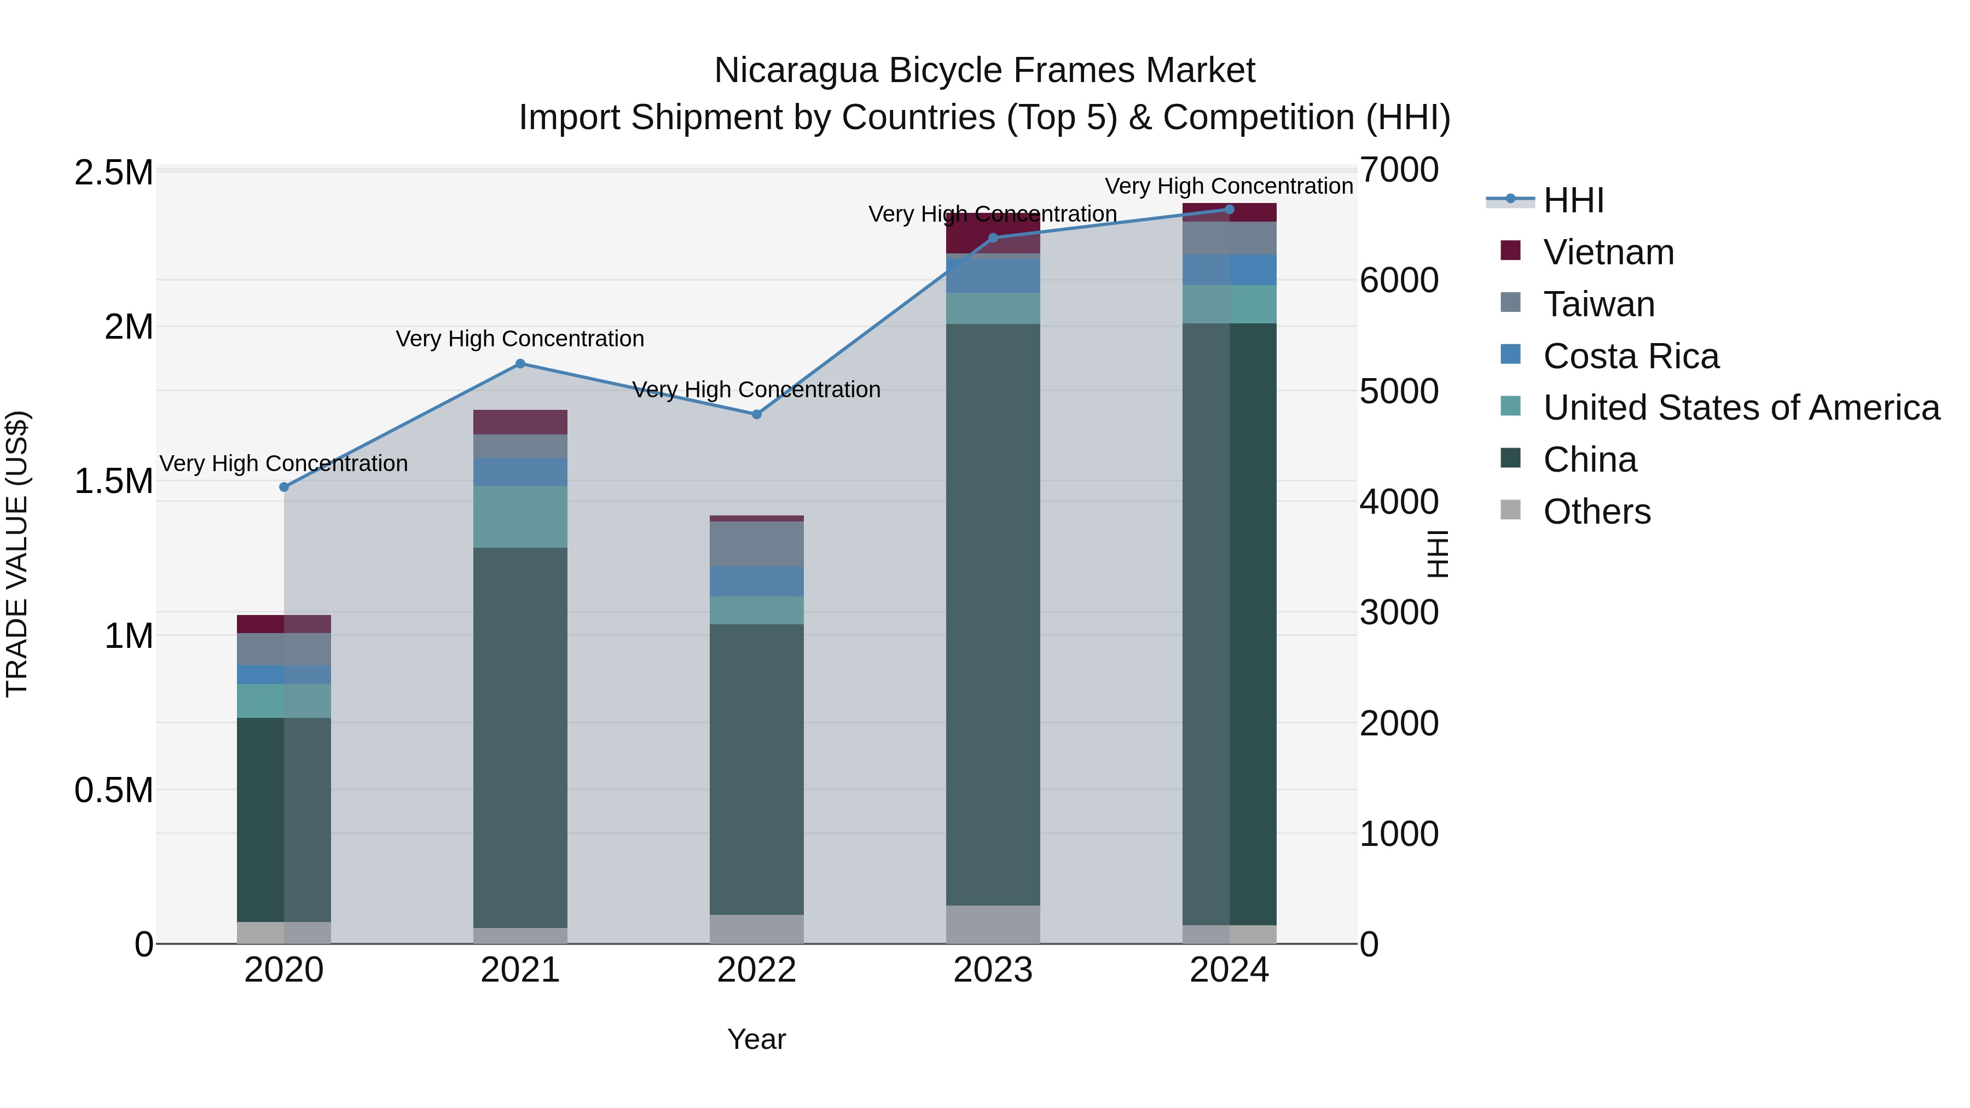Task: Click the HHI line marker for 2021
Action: click(x=520, y=364)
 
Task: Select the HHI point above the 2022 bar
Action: click(x=756, y=414)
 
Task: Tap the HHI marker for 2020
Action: click(x=283, y=487)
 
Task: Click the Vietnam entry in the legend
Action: click(x=1608, y=252)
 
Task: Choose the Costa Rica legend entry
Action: click(x=1631, y=356)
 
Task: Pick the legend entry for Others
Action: click(x=1596, y=512)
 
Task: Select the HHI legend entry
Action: click(x=1573, y=200)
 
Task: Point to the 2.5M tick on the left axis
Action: click(x=113, y=173)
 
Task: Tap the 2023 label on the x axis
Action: click(x=993, y=970)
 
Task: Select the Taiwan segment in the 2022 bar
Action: click(x=756, y=544)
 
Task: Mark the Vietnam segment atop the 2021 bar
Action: click(x=520, y=422)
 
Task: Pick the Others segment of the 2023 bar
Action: click(x=993, y=925)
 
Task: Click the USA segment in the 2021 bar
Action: click(x=520, y=517)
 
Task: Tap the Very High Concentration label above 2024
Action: click(x=1229, y=186)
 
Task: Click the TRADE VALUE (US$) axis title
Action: click(x=17, y=554)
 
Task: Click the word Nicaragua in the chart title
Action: click(x=795, y=71)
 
